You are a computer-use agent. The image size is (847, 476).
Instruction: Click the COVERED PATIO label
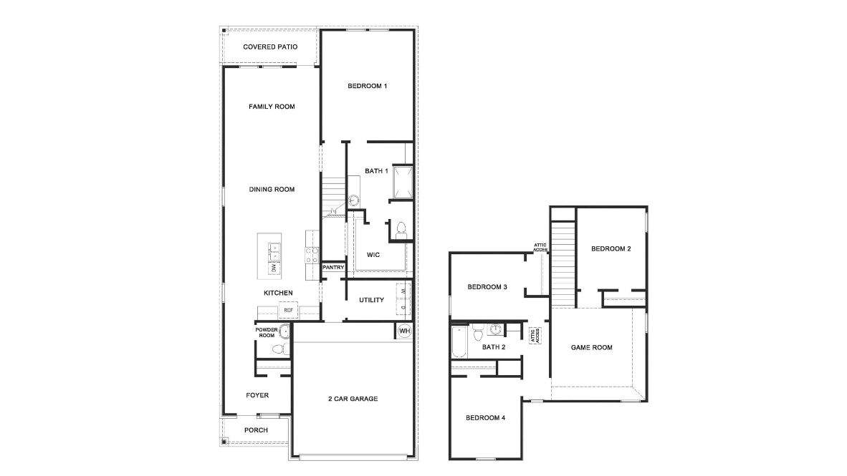tap(270, 47)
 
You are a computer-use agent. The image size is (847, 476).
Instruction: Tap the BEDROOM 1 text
tap(367, 87)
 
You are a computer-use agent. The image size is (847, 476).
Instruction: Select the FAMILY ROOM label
tap(272, 107)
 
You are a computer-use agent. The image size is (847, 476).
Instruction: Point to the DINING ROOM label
tap(272, 190)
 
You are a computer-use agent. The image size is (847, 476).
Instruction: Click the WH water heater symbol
tap(403, 331)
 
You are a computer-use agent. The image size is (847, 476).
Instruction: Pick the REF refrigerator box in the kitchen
tap(288, 310)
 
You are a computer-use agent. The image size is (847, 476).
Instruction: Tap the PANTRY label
tap(333, 268)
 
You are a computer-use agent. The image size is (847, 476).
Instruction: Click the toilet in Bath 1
tap(401, 229)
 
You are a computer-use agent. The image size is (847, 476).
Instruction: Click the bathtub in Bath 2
tap(459, 343)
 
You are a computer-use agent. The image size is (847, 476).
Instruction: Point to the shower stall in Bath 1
tap(401, 183)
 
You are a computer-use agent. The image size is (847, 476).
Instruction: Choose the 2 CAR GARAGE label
tap(353, 399)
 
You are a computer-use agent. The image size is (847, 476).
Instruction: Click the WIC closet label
tap(373, 255)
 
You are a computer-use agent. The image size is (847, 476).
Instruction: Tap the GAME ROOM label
tap(591, 348)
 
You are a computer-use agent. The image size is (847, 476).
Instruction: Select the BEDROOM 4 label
tap(486, 418)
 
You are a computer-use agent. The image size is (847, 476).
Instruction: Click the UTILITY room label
tap(372, 300)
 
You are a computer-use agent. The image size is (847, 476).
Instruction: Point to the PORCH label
tap(256, 430)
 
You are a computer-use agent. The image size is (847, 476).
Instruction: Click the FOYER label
tap(257, 395)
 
